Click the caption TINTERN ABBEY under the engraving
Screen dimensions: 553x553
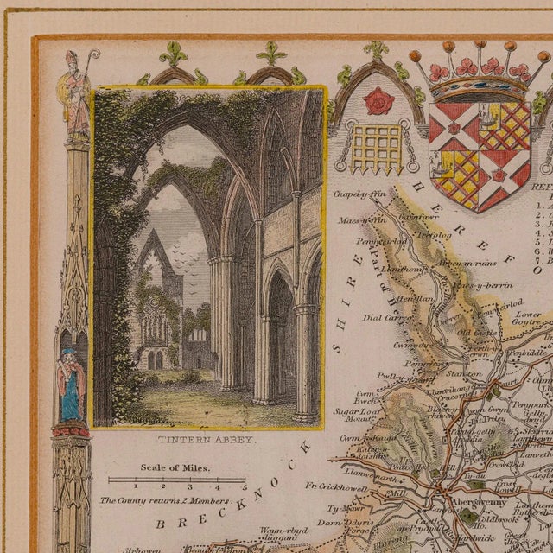pos(207,439)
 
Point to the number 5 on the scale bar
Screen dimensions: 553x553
pos(244,486)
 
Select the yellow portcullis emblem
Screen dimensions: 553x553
pos(378,143)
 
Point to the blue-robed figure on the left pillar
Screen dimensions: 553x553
pos(71,385)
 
